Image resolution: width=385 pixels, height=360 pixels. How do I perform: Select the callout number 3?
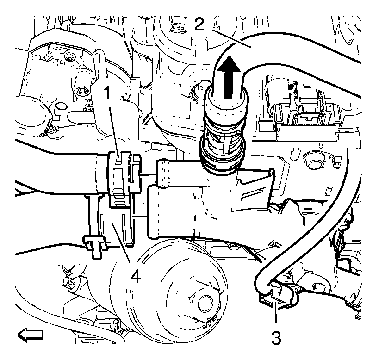click(276, 337)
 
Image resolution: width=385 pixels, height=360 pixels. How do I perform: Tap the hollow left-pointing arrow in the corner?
click(31, 334)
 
